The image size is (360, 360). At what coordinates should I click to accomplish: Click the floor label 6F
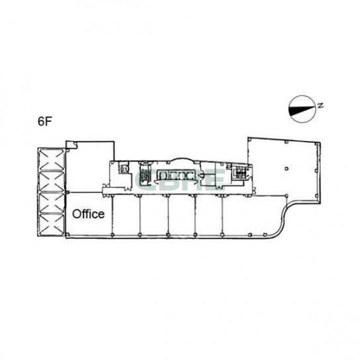(x=44, y=122)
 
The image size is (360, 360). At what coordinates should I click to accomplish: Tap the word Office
(x=88, y=214)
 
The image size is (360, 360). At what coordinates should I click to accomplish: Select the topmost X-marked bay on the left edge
(x=52, y=157)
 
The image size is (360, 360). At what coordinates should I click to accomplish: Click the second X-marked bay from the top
(x=52, y=180)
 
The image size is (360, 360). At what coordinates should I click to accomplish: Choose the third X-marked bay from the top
(x=52, y=203)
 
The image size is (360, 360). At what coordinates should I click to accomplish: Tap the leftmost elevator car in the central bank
(x=164, y=176)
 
